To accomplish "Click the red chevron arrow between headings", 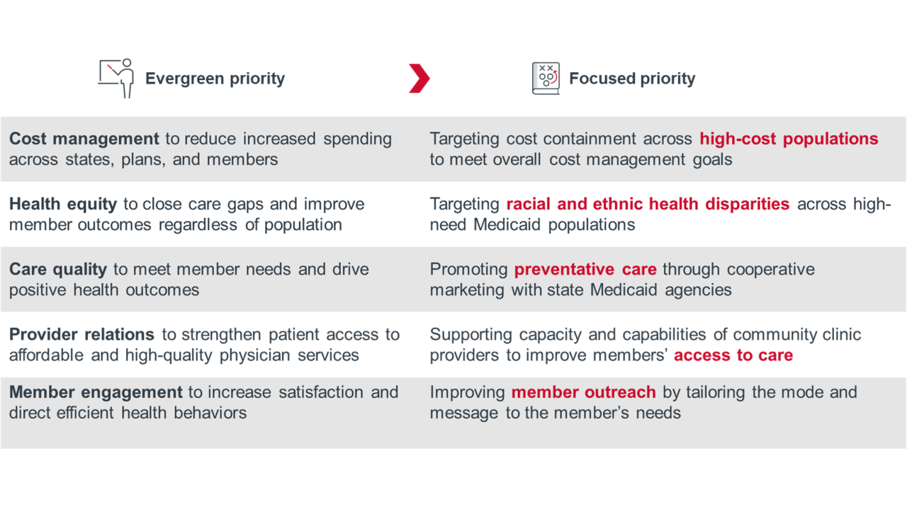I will pyautogui.click(x=419, y=78).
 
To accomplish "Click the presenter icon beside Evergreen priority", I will pyautogui.click(x=116, y=78).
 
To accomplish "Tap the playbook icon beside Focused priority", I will pyautogui.click(x=546, y=78).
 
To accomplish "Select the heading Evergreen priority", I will pyautogui.click(x=215, y=79).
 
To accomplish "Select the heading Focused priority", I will pyautogui.click(x=632, y=79).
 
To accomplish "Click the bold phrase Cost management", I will pyautogui.click(x=84, y=139).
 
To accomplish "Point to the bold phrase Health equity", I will pyautogui.click(x=63, y=204).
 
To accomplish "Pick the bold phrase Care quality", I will pyautogui.click(x=58, y=269).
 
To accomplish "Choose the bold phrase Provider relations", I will pyautogui.click(x=81, y=334).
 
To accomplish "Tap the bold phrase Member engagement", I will pyautogui.click(x=96, y=392).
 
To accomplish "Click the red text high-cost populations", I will pyautogui.click(x=789, y=139).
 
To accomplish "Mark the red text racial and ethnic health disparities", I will pyautogui.click(x=648, y=204).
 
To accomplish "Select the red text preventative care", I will pyautogui.click(x=585, y=269).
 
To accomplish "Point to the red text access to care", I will pyautogui.click(x=733, y=355).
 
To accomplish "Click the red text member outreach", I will pyautogui.click(x=583, y=392).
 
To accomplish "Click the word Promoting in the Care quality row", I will pyautogui.click(x=468, y=269).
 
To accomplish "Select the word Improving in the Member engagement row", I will pyautogui.click(x=467, y=392).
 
